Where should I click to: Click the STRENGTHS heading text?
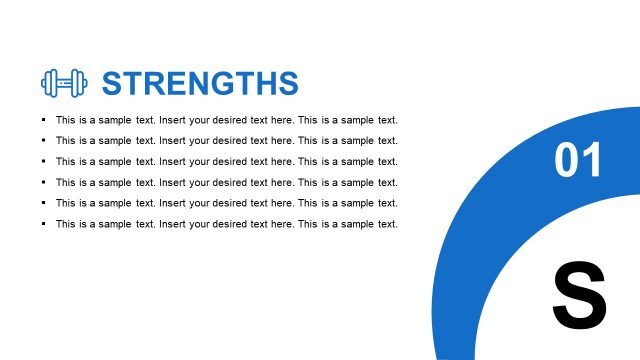click(x=200, y=83)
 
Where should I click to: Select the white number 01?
click(x=579, y=161)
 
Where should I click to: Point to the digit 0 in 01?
click(x=566, y=161)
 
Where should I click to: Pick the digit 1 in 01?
click(x=593, y=161)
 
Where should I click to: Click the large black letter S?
click(x=579, y=295)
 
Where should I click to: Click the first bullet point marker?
click(x=44, y=120)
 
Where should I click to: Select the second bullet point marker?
click(x=44, y=141)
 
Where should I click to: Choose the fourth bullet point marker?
click(x=44, y=182)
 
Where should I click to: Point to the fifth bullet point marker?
click(x=44, y=203)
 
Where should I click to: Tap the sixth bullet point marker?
click(x=44, y=224)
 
